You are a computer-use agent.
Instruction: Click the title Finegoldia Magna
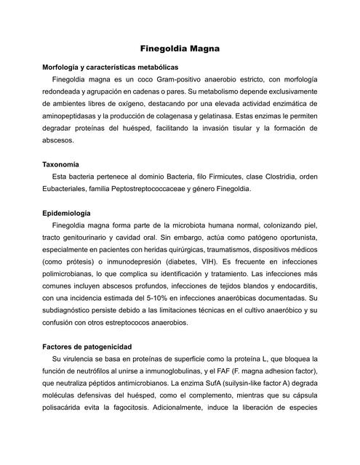180,48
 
